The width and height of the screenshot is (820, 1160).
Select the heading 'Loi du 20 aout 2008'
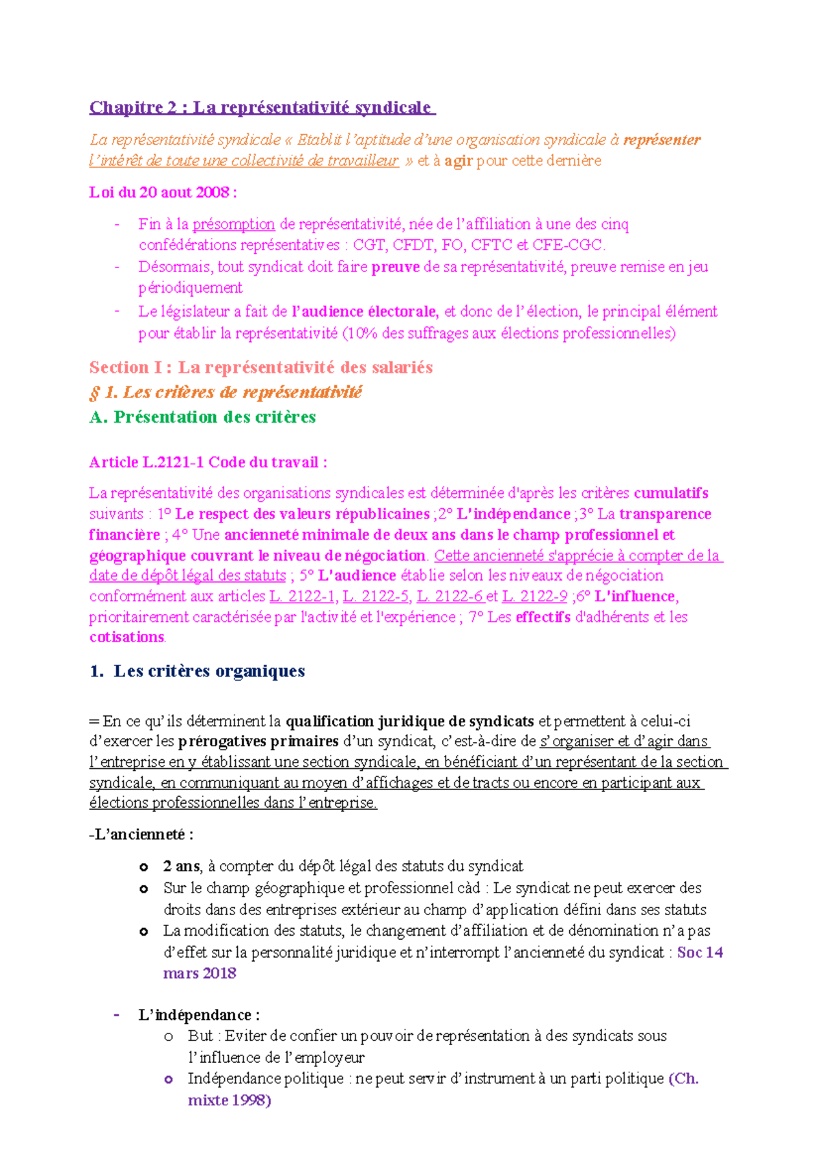pos(163,192)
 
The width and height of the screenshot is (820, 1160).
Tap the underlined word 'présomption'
pos(234,224)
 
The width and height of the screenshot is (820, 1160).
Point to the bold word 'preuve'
pos(395,267)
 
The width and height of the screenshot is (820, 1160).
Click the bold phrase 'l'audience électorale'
pos(365,312)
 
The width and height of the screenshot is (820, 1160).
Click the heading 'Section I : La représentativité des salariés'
pos(261,367)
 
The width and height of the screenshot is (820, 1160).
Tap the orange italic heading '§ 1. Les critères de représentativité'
pos(225,392)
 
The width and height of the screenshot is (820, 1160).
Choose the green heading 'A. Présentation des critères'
pos(202,417)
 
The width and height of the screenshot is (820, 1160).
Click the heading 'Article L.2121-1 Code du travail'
pos(208,462)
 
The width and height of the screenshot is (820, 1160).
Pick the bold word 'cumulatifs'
pos(671,493)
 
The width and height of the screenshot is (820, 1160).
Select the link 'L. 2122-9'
pos(534,596)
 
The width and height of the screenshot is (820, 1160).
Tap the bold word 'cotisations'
pos(127,637)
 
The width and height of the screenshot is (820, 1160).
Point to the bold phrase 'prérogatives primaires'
pos(258,741)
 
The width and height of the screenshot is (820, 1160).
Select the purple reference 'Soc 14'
pos(700,952)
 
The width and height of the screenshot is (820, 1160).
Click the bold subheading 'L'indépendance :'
pos(198,1015)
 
